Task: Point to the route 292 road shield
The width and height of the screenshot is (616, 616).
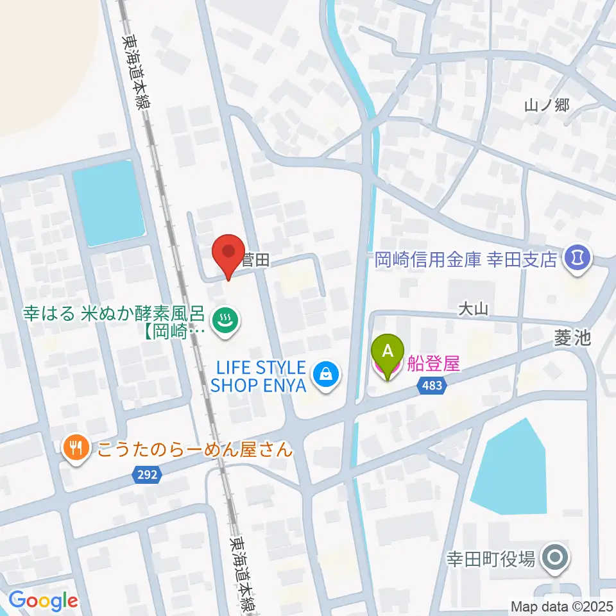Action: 148,475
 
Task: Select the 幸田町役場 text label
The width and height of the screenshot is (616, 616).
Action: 492,559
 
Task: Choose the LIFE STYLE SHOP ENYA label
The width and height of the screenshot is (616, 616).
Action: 258,377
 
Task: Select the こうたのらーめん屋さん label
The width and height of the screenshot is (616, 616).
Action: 195,449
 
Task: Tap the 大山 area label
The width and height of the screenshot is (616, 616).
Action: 473,310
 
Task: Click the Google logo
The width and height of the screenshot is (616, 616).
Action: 44,601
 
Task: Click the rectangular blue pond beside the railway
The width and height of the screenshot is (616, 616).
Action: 107,203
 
